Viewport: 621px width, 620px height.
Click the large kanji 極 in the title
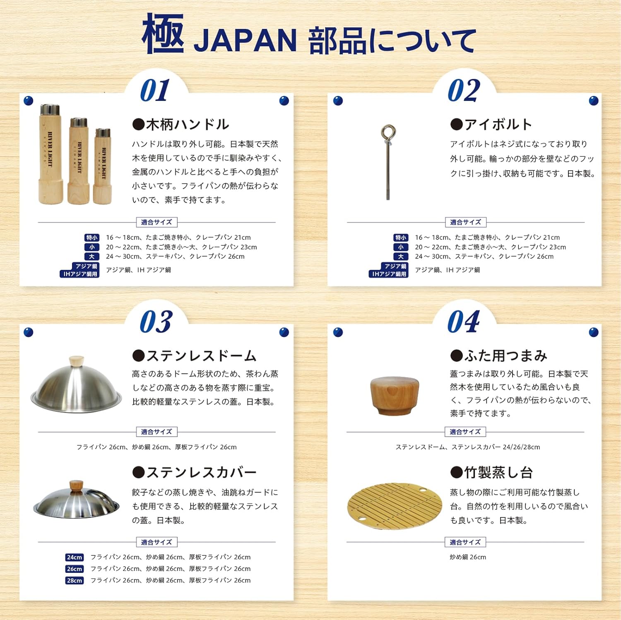[x=163, y=34]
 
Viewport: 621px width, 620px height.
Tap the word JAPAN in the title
[x=245, y=41]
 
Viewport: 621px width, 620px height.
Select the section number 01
[x=155, y=90]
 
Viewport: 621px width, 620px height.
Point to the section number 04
[x=464, y=322]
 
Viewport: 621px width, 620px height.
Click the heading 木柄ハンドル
[x=181, y=124]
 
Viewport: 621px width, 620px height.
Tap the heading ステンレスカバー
[x=195, y=472]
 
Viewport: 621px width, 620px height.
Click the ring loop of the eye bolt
[x=388, y=133]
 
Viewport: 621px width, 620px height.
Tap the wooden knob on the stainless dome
[x=76, y=361]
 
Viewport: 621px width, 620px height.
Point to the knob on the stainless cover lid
[x=76, y=486]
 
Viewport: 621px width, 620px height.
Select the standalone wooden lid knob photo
[x=394, y=395]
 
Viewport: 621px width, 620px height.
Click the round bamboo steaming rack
[x=395, y=505]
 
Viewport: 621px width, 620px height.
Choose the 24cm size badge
[x=75, y=557]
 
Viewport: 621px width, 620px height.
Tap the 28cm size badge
[x=75, y=580]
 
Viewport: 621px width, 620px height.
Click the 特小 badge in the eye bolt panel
[x=400, y=237]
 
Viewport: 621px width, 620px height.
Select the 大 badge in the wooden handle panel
[x=91, y=256]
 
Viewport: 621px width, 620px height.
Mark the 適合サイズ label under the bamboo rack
[x=465, y=542]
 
